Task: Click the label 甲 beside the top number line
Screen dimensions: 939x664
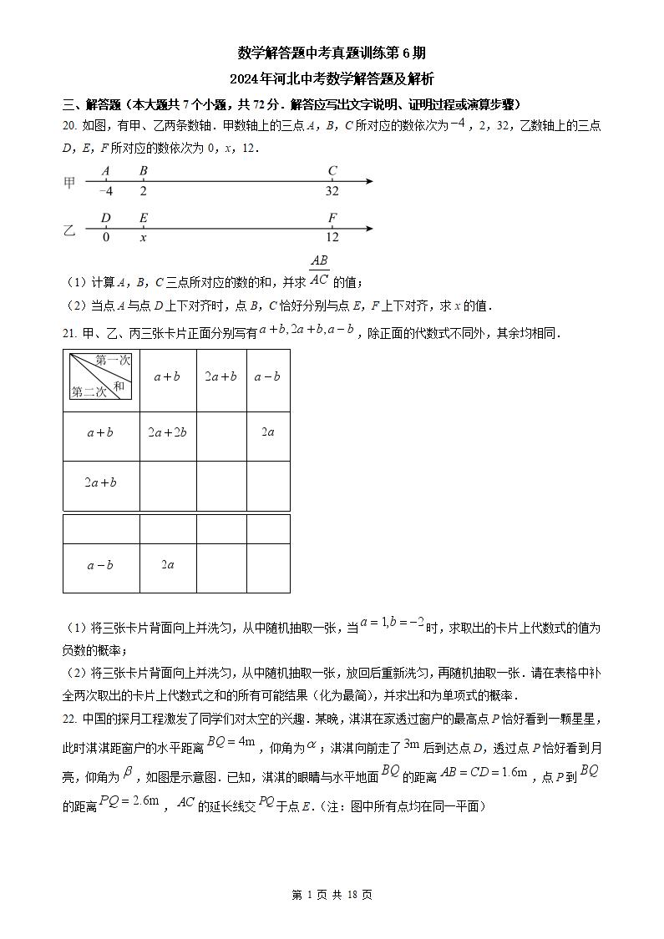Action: coord(70,183)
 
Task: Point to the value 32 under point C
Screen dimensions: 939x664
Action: coord(332,190)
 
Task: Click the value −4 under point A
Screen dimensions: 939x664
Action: coord(106,190)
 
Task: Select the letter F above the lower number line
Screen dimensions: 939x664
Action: coord(332,219)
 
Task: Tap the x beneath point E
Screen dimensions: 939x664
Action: coord(143,237)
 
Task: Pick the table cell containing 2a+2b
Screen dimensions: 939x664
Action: coord(167,432)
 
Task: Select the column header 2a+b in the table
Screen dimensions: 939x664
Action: coord(221,376)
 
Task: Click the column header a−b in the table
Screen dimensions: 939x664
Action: coord(267,376)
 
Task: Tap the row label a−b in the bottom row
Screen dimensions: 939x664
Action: coord(100,565)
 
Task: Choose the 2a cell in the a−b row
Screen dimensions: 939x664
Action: coord(167,565)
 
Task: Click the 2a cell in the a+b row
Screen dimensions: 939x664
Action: coord(268,432)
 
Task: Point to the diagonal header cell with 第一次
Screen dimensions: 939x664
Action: coord(100,376)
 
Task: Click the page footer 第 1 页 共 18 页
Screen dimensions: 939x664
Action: coord(332,895)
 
